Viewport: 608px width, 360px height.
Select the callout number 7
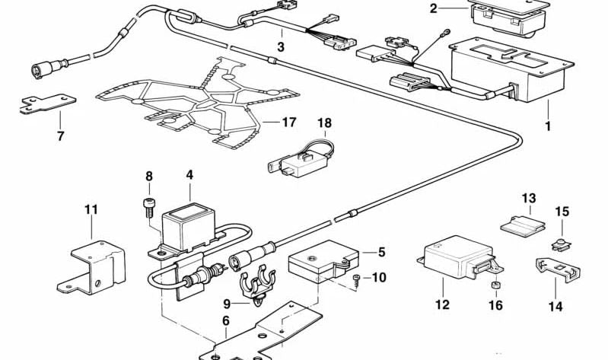(60, 137)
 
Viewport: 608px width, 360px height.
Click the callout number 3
(281, 46)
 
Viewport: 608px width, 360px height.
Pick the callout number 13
(529, 199)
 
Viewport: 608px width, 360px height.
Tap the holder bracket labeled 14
(556, 269)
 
